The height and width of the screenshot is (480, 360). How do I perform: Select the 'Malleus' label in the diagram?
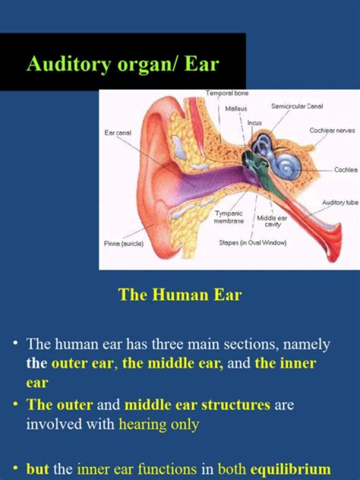click(236, 108)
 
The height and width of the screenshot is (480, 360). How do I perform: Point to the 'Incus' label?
click(254, 122)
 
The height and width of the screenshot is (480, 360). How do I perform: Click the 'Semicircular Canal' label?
click(297, 106)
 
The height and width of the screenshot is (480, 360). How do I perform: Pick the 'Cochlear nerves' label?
click(332, 130)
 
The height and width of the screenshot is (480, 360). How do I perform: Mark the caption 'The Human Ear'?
click(180, 294)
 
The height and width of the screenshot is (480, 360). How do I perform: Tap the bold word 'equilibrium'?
click(290, 469)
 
